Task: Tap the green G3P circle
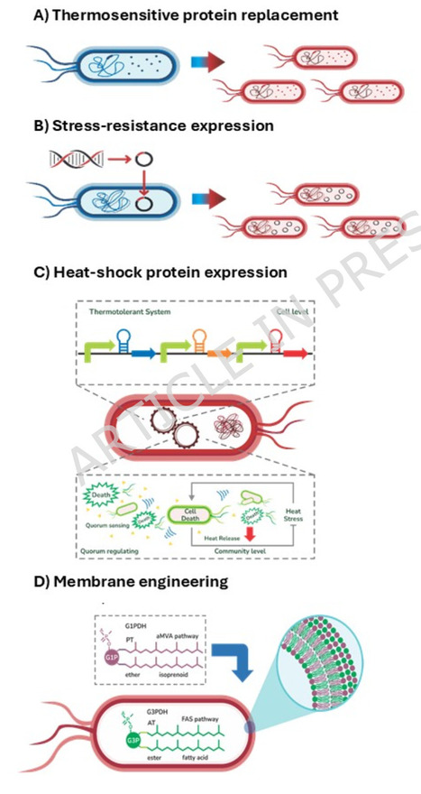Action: (133, 745)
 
